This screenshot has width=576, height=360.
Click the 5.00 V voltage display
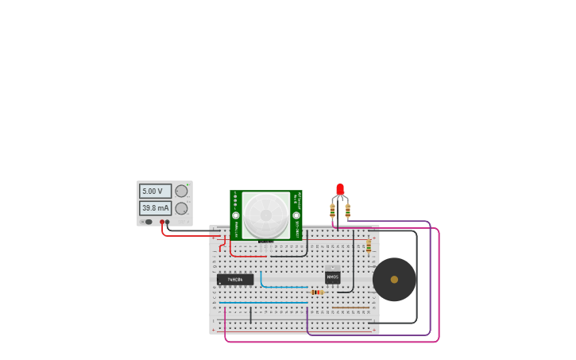155,192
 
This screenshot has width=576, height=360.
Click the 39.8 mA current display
155,208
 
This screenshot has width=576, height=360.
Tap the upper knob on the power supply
181,192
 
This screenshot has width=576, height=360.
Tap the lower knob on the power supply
181,208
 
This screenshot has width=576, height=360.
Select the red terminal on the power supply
162,223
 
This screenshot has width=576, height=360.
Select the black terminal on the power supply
168,223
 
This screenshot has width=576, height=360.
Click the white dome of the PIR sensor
266,215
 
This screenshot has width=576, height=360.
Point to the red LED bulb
340,189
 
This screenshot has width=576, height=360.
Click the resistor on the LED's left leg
332,211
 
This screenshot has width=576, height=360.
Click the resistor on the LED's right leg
348,211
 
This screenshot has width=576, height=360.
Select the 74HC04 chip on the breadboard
235,280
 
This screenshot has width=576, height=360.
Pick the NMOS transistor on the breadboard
332,277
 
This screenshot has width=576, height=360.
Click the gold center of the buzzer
394,280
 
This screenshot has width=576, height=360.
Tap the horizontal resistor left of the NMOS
317,292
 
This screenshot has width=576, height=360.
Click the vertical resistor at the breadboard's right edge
369,246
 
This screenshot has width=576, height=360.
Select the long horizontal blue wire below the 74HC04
262,303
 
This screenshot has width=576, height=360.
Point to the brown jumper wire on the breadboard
350,308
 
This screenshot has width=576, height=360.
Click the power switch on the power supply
148,223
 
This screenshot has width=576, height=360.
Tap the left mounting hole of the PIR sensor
236,215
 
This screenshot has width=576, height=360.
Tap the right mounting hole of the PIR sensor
296,215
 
